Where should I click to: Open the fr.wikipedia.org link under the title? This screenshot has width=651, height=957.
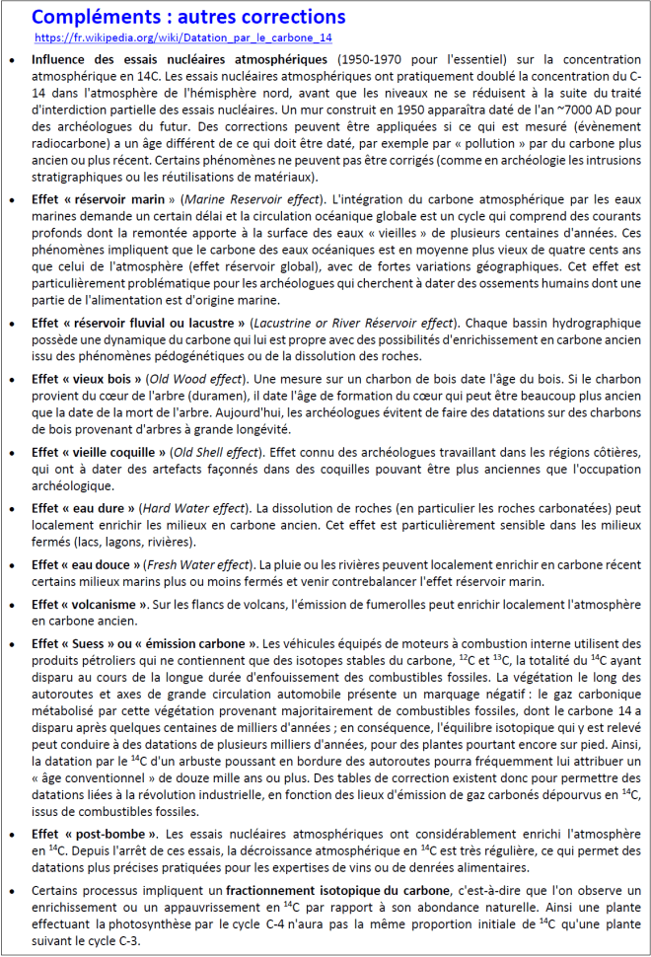[x=182, y=37]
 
